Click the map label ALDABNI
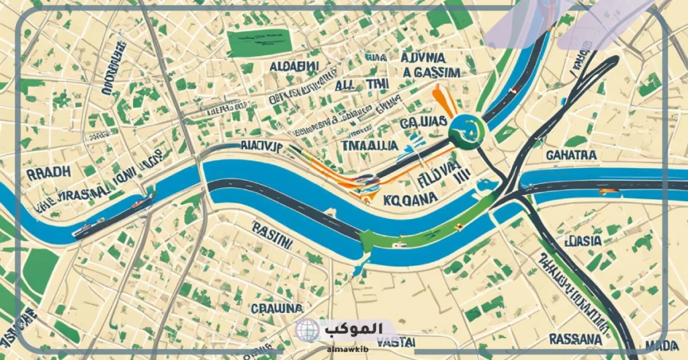pos(294,68)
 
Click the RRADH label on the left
pos(48,173)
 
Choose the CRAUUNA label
pos(275,308)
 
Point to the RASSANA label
pos(574,339)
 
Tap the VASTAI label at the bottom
pos(395,342)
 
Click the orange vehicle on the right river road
pos(607,191)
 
